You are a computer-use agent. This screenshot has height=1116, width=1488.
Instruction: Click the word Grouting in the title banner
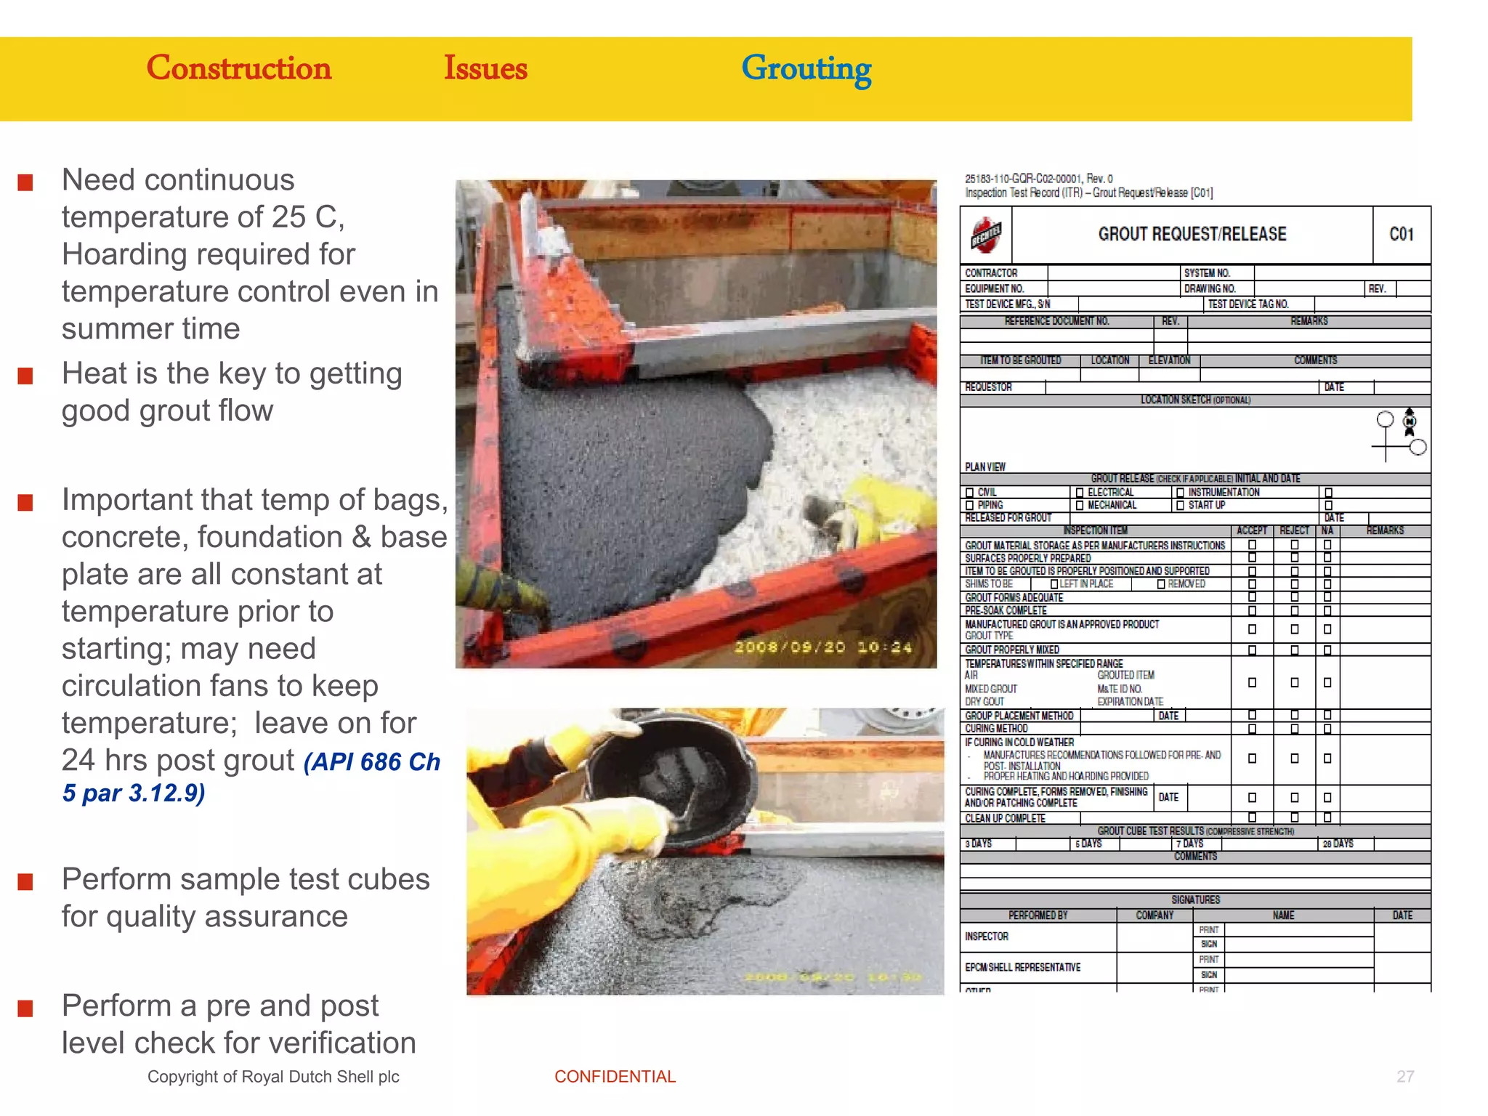pos(806,70)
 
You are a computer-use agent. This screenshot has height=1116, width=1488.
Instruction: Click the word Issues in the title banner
pos(485,68)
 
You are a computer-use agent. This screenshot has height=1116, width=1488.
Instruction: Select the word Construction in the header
pos(238,68)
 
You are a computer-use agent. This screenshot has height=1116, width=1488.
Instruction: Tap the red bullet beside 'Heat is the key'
pos(25,376)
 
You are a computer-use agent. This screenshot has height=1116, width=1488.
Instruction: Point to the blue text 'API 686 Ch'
pos(371,762)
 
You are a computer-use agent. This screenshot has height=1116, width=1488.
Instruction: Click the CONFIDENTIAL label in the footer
pos(615,1077)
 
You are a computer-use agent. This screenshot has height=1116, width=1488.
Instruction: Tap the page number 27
pos(1405,1077)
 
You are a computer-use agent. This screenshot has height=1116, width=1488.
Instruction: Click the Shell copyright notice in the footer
pos(273,1077)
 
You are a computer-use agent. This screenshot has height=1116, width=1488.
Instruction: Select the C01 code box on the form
pos(1402,235)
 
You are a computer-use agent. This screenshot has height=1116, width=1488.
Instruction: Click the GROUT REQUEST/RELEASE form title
pos(1192,234)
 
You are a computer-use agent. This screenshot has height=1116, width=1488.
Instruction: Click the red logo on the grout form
pos(986,235)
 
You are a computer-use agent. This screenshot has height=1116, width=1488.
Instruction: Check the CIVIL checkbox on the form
pos(970,493)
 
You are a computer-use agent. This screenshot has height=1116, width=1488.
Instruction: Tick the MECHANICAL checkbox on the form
pos(1080,506)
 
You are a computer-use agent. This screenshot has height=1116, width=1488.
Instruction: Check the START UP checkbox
pos(1180,506)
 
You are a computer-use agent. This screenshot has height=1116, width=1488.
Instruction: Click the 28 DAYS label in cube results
pos(1338,844)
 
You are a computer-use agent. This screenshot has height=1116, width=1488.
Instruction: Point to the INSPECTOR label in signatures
pos(986,937)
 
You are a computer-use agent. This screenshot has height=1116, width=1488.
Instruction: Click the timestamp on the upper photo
pos(822,647)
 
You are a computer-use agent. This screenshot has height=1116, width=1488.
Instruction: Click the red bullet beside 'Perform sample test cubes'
pos(25,882)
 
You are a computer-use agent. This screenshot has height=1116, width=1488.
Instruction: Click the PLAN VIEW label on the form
pos(984,467)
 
